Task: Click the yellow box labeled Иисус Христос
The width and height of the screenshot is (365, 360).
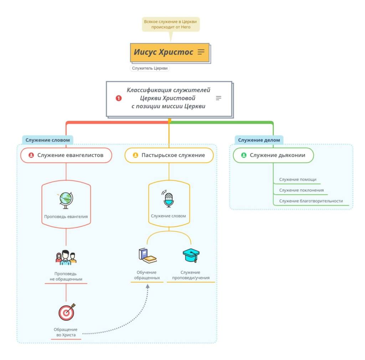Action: click(170, 52)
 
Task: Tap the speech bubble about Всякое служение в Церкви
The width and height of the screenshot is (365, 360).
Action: click(171, 24)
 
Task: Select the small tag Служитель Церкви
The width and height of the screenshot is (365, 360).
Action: click(150, 68)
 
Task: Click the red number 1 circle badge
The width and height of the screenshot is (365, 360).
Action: click(119, 98)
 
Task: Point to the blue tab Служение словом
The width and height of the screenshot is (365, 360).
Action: click(48, 140)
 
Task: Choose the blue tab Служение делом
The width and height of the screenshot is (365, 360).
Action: click(259, 140)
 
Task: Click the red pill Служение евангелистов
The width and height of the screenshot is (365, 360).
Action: click(66, 155)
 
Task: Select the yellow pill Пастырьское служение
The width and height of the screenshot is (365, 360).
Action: click(169, 155)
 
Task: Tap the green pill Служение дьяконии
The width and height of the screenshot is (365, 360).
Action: click(273, 155)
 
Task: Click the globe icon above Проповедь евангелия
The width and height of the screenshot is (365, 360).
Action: click(65, 200)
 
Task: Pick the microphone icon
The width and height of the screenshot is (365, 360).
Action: click(168, 199)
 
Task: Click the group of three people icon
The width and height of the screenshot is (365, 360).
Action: click(66, 258)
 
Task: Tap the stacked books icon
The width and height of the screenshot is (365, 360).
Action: click(147, 256)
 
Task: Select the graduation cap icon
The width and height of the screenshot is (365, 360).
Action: click(191, 255)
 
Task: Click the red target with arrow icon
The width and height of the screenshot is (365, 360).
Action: click(67, 312)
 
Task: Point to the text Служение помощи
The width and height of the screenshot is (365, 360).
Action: click(298, 179)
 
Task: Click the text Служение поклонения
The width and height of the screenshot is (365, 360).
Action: click(302, 190)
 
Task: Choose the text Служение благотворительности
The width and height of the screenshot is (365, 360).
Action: click(311, 201)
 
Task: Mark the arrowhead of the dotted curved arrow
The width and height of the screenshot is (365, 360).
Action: click(148, 287)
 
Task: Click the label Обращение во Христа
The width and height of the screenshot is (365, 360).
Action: click(66, 332)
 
